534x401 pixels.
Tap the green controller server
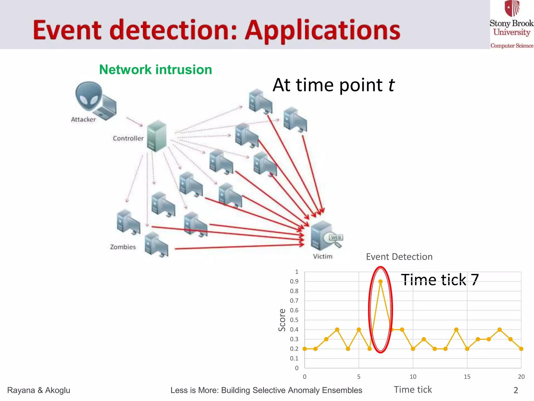(156, 136)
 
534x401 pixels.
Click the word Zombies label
(123, 247)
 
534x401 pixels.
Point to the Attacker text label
(83, 120)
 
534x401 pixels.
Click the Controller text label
(128, 138)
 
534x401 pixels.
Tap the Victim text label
(323, 256)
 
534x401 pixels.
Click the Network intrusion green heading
(156, 70)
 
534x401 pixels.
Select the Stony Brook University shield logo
(512, 8)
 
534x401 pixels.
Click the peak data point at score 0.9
(380, 281)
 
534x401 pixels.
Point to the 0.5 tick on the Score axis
(294, 320)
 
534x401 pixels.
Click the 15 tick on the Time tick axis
(467, 377)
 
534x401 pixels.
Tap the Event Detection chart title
(399, 257)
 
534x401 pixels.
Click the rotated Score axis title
(282, 320)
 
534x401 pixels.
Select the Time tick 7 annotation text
(440, 280)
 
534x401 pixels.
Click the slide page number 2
(515, 390)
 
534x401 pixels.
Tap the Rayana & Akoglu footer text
(39, 390)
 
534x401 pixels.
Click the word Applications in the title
(323, 31)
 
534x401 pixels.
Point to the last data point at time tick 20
(521, 349)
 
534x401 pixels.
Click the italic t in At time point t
(391, 85)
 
